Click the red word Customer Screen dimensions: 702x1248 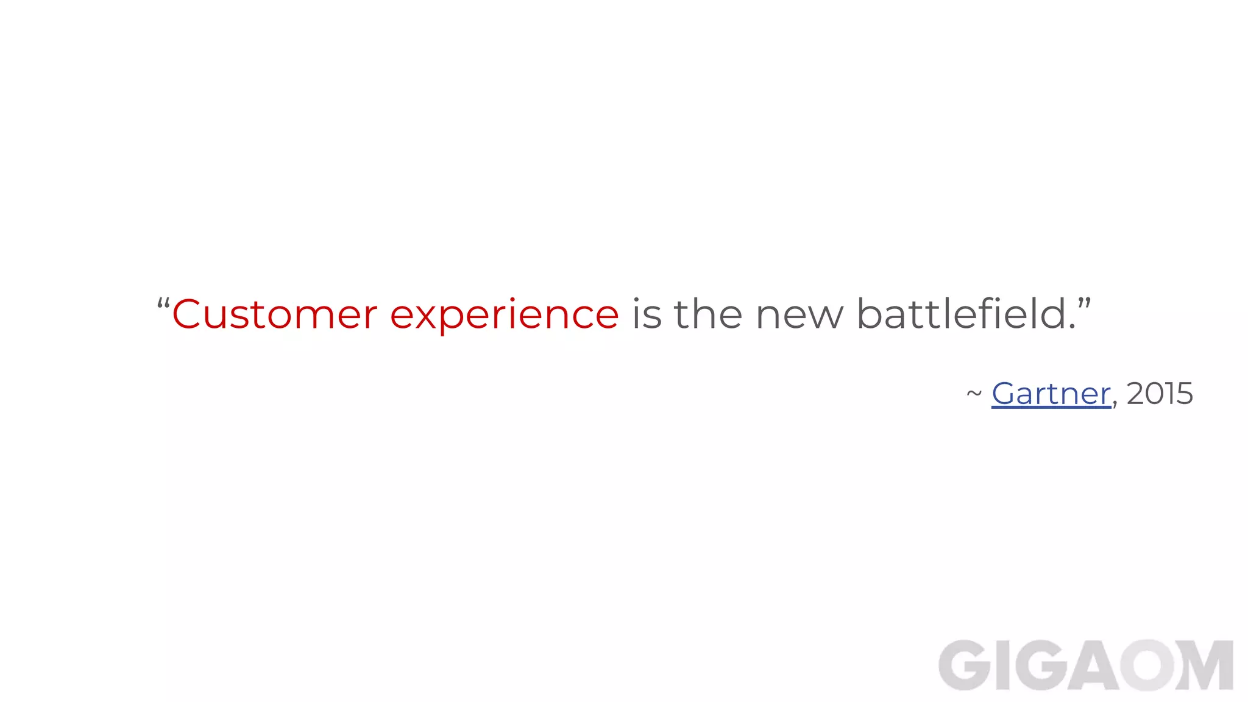pos(275,314)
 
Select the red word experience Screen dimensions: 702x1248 pos(504,316)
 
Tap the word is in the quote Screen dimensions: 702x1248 pos(647,314)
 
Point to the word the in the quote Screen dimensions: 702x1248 pos(708,314)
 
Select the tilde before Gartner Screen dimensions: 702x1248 pos(974,394)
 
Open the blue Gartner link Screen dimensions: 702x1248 pos(1051,394)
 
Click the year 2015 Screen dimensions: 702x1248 pos(1160,394)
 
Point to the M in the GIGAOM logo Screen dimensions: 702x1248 pos(1205,665)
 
